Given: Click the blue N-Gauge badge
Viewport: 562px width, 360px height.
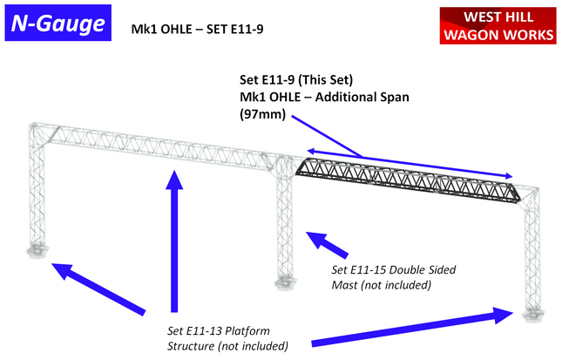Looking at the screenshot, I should (x=57, y=25).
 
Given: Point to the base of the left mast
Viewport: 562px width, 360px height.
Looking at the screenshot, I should (x=37, y=254).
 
